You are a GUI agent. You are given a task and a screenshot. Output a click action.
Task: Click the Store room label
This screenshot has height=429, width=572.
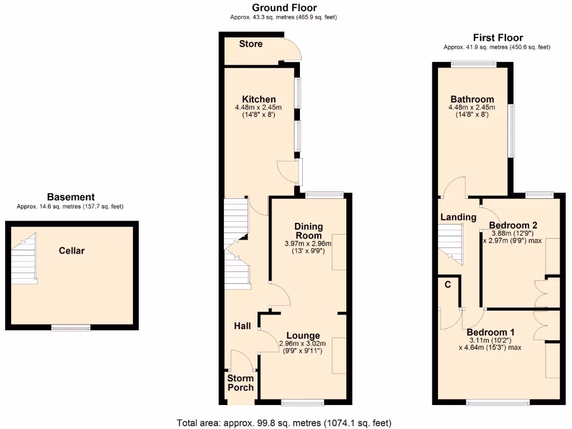pyautogui.click(x=250, y=44)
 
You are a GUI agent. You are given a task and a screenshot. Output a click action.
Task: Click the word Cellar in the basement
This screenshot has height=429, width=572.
pyautogui.click(x=72, y=251)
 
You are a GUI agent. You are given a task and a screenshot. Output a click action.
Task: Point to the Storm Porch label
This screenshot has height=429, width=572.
pyautogui.click(x=240, y=383)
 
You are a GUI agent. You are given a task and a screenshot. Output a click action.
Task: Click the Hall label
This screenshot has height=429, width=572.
pyautogui.click(x=242, y=326)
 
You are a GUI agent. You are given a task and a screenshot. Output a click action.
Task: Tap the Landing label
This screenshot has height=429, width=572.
pyautogui.click(x=458, y=217)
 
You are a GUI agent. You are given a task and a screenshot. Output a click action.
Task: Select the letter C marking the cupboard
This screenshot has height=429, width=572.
pyautogui.click(x=447, y=284)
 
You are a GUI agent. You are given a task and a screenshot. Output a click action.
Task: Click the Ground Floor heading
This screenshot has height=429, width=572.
pyautogui.click(x=284, y=8)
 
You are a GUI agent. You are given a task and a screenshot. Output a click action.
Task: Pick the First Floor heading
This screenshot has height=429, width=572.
pyautogui.click(x=498, y=37)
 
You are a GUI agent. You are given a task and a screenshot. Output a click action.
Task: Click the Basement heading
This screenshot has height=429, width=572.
pyautogui.click(x=70, y=197)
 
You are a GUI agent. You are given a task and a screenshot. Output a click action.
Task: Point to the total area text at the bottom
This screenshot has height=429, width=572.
pyautogui.click(x=284, y=422)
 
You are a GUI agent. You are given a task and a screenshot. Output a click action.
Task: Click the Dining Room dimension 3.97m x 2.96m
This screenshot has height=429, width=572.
pyautogui.click(x=308, y=244)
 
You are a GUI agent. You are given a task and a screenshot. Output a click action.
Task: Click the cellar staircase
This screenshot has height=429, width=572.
pyautogui.click(x=24, y=259)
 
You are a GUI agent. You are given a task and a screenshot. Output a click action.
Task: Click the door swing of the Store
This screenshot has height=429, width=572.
pyautogui.click(x=293, y=49)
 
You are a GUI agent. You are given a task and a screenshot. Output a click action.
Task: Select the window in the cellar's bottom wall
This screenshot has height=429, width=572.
pyautogui.click(x=71, y=328)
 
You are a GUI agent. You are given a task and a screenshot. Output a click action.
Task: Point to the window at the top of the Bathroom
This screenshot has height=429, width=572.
pyautogui.click(x=474, y=64)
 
